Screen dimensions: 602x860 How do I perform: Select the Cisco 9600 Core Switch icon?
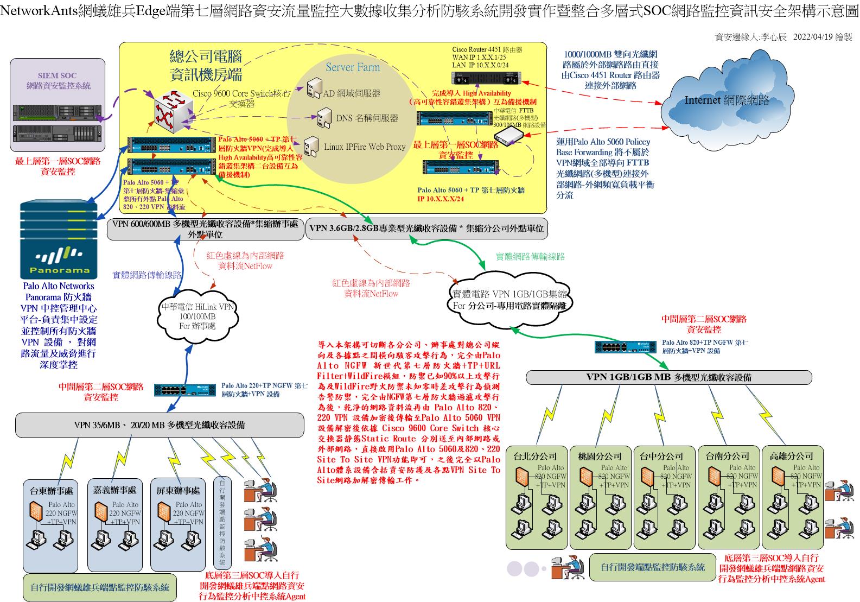coord(170,113)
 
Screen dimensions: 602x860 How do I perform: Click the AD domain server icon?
coord(314,88)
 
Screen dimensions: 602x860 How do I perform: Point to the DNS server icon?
coord(324,117)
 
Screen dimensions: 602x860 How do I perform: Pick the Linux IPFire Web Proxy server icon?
coord(311,145)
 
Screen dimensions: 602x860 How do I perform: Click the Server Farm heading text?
coord(353,68)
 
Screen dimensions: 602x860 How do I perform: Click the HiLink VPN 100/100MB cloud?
coord(197,316)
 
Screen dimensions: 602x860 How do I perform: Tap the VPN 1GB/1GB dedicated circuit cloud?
coord(510,299)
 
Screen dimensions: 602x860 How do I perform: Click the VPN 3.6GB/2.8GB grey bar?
coord(426,229)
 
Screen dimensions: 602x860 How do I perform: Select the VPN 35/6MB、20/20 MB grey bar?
coord(159,425)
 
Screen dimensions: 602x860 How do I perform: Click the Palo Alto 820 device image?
coord(625,346)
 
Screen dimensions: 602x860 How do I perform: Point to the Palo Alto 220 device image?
coord(184,389)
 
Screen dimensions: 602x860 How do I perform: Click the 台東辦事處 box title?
coord(52,491)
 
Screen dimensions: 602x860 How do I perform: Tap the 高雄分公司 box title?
coord(792,456)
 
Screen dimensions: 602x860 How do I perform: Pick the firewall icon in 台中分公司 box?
coord(647,477)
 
